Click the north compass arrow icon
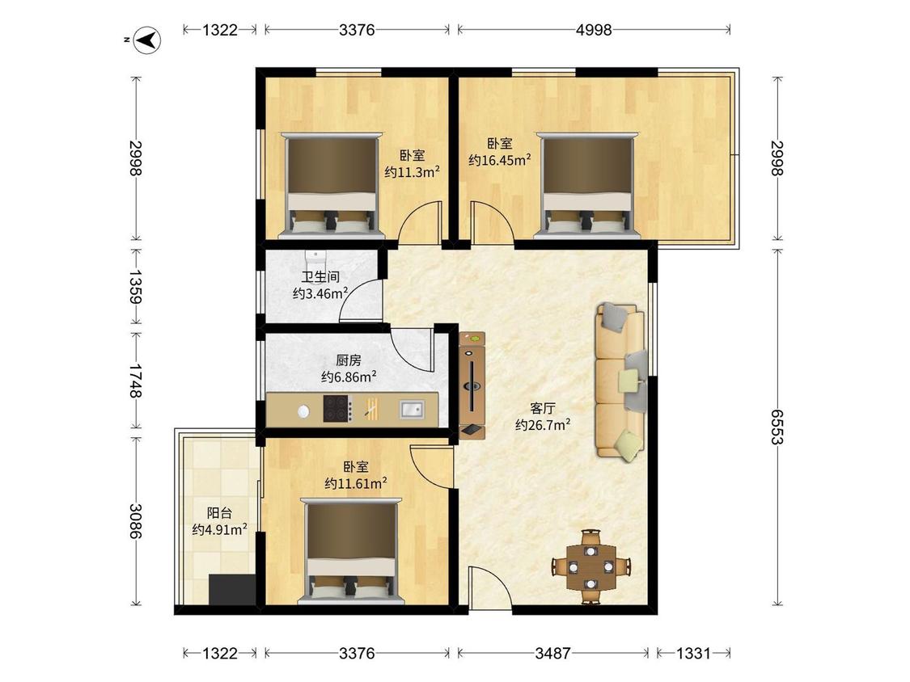click(x=148, y=39)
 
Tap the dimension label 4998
click(x=594, y=30)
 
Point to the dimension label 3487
click(x=553, y=653)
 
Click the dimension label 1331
click(x=693, y=653)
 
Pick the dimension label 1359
click(x=136, y=287)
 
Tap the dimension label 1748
click(x=136, y=380)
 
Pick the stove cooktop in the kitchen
click(x=338, y=410)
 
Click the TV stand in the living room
click(x=472, y=385)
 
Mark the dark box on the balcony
click(x=231, y=589)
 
